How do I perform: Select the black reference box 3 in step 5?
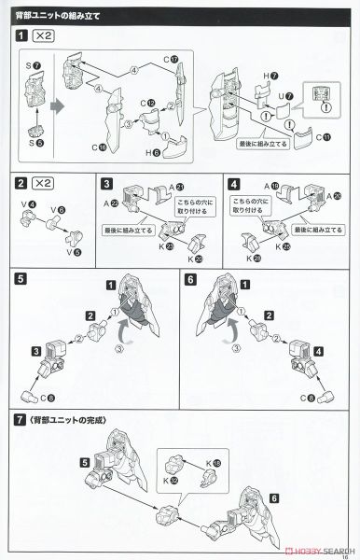(x=36, y=351)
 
